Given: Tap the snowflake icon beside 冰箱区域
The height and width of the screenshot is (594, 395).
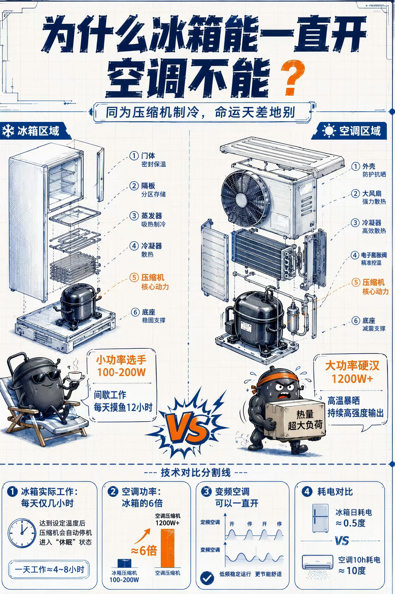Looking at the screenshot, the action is point(8,131).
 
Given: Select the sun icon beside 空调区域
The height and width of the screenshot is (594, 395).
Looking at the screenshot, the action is point(329,131).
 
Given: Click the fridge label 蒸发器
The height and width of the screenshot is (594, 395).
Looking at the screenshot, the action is point(152,216).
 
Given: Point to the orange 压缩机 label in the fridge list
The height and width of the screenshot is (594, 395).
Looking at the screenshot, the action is point(153,278).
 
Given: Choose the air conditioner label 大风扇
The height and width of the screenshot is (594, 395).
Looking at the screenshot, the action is point(372,193).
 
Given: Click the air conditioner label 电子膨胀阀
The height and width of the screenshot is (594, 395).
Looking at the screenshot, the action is point(374,255).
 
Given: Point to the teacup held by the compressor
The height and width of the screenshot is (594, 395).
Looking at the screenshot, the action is point(76,376).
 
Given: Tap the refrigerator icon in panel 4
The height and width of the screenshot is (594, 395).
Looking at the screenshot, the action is point(320,518).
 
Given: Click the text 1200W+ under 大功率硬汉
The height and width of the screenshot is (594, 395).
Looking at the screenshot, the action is point(352,379).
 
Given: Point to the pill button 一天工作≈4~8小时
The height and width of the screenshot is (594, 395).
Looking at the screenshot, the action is point(49,569).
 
